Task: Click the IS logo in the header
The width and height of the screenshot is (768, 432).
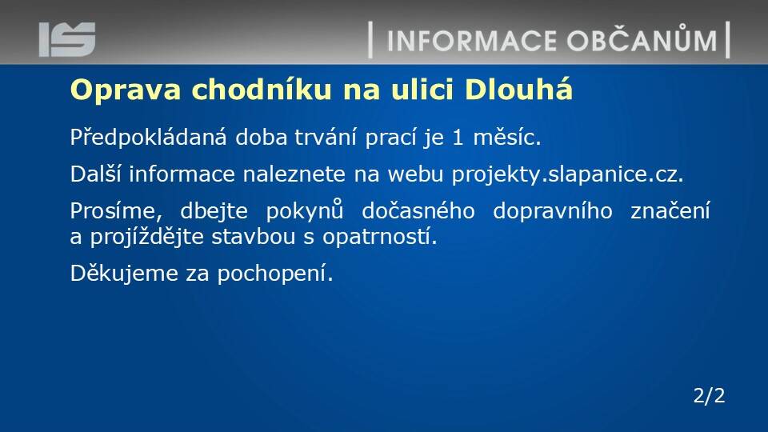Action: tap(67, 39)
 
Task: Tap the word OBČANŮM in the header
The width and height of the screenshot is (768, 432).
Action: tap(642, 38)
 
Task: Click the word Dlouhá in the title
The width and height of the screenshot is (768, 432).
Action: tap(518, 89)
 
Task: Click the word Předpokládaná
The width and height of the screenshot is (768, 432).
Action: tap(149, 137)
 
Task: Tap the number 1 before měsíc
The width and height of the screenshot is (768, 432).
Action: tap(458, 138)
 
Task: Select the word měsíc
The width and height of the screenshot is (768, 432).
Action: tap(507, 137)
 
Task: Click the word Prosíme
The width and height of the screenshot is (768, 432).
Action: tap(116, 211)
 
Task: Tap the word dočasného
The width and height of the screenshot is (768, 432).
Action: tap(418, 211)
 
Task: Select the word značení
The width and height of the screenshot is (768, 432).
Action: tap(670, 211)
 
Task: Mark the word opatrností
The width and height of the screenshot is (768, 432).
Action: tap(379, 237)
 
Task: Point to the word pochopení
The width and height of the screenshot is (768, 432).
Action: tap(274, 274)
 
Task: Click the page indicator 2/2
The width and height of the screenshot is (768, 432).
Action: tap(709, 395)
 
